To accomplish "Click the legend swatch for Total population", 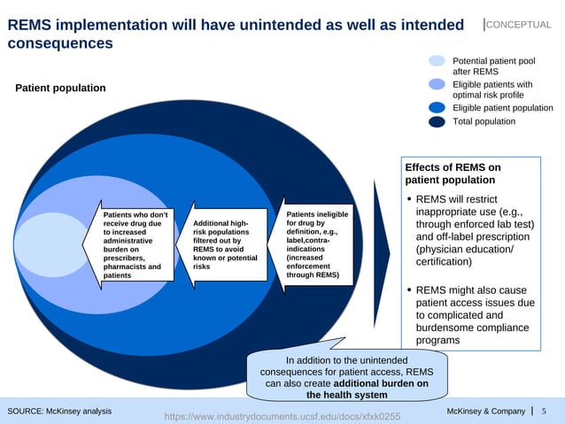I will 437,122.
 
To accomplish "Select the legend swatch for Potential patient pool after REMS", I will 437,61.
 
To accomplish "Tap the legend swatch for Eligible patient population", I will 437,108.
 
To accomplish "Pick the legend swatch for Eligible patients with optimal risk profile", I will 437,84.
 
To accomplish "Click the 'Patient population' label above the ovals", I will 60,88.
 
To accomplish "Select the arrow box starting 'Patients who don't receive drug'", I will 133,245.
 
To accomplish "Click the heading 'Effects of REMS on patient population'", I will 452,173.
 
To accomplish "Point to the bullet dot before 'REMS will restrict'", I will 408,199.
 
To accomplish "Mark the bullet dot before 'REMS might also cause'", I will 408,290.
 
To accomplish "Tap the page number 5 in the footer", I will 544,412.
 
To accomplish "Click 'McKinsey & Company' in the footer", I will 486,412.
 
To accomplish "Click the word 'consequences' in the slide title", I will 59,42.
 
